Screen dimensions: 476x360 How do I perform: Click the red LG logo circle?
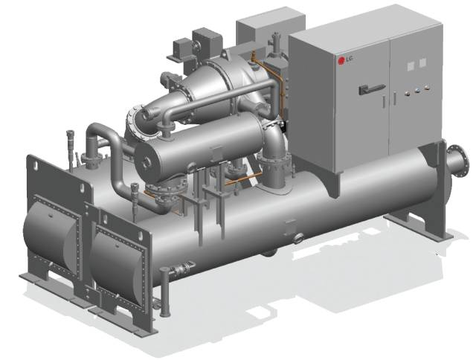coord(341,60)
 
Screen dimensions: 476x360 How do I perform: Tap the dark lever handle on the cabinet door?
coord(372,89)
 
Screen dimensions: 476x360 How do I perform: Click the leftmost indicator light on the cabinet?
coord(408,93)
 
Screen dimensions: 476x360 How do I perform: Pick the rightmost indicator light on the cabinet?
coord(427,88)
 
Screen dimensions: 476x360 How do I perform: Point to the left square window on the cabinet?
coord(411,66)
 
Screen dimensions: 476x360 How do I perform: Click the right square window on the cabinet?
coord(422,63)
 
